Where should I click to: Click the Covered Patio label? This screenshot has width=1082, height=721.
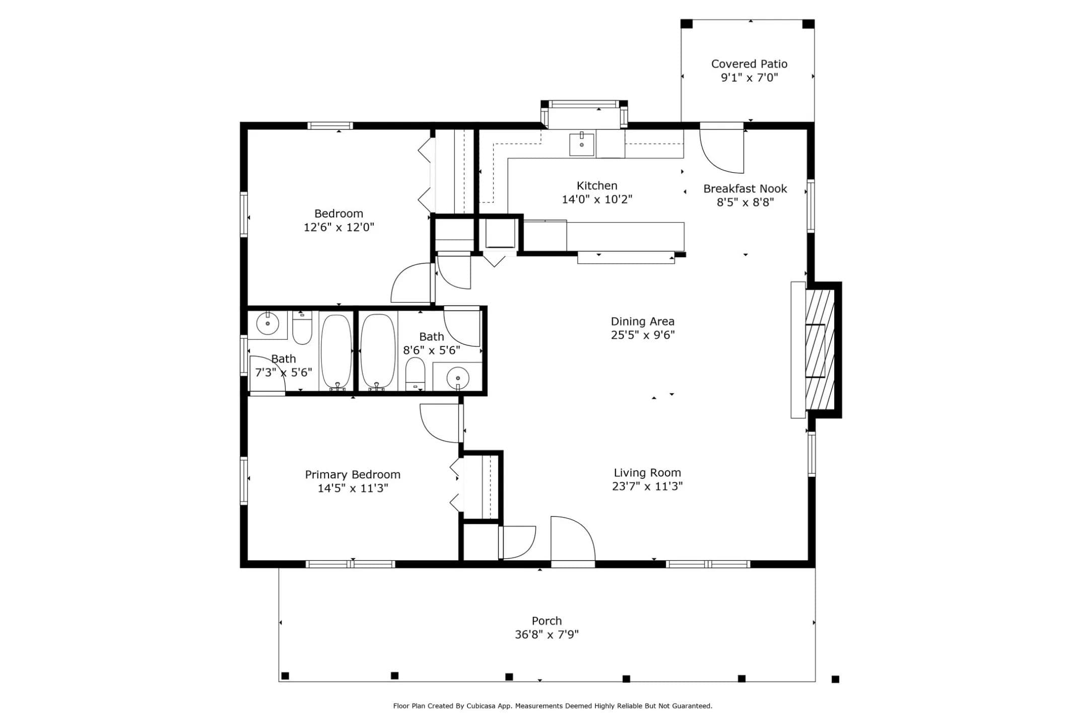pyautogui.click(x=749, y=64)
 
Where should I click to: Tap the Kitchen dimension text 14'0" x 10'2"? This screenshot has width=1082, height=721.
pyautogui.click(x=597, y=199)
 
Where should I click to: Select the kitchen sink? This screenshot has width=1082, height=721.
pyautogui.click(x=582, y=144)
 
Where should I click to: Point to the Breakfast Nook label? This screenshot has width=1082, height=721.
pyautogui.click(x=745, y=189)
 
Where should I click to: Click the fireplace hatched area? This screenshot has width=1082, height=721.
pyautogui.click(x=820, y=350)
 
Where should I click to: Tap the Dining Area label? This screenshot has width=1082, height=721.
pyautogui.click(x=642, y=321)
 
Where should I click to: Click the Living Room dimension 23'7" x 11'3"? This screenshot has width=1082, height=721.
pyautogui.click(x=647, y=486)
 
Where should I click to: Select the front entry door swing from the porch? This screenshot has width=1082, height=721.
pyautogui.click(x=573, y=538)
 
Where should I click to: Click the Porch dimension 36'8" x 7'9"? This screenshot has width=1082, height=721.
pyautogui.click(x=547, y=634)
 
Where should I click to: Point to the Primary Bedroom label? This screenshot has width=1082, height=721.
pyautogui.click(x=353, y=474)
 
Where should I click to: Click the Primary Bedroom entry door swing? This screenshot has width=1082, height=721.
pyautogui.click(x=440, y=423)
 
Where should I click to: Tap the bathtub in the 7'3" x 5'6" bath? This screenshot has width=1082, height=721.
pyautogui.click(x=336, y=352)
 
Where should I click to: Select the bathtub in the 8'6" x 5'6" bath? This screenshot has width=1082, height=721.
pyautogui.click(x=378, y=352)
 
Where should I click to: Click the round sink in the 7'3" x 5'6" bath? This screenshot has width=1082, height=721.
pyautogui.click(x=267, y=323)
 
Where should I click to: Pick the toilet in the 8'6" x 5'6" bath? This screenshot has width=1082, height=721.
pyautogui.click(x=416, y=374)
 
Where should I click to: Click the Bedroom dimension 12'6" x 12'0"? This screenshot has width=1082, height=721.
pyautogui.click(x=339, y=227)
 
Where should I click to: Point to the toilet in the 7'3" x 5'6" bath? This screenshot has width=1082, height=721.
pyautogui.click(x=302, y=327)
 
